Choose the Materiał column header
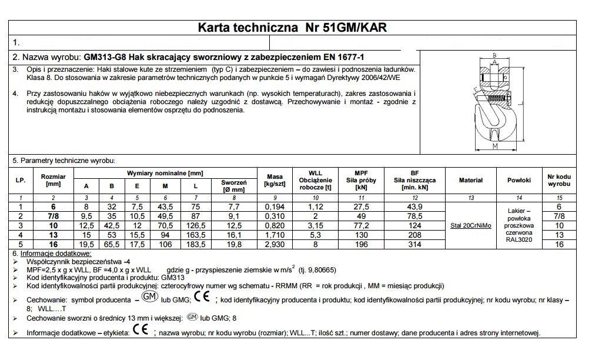click(x=470, y=180)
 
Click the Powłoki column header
click(x=519, y=180)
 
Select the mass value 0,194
click(x=275, y=206)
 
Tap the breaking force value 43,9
click(x=414, y=206)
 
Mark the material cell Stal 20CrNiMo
click(x=470, y=225)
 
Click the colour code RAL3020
click(x=519, y=239)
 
